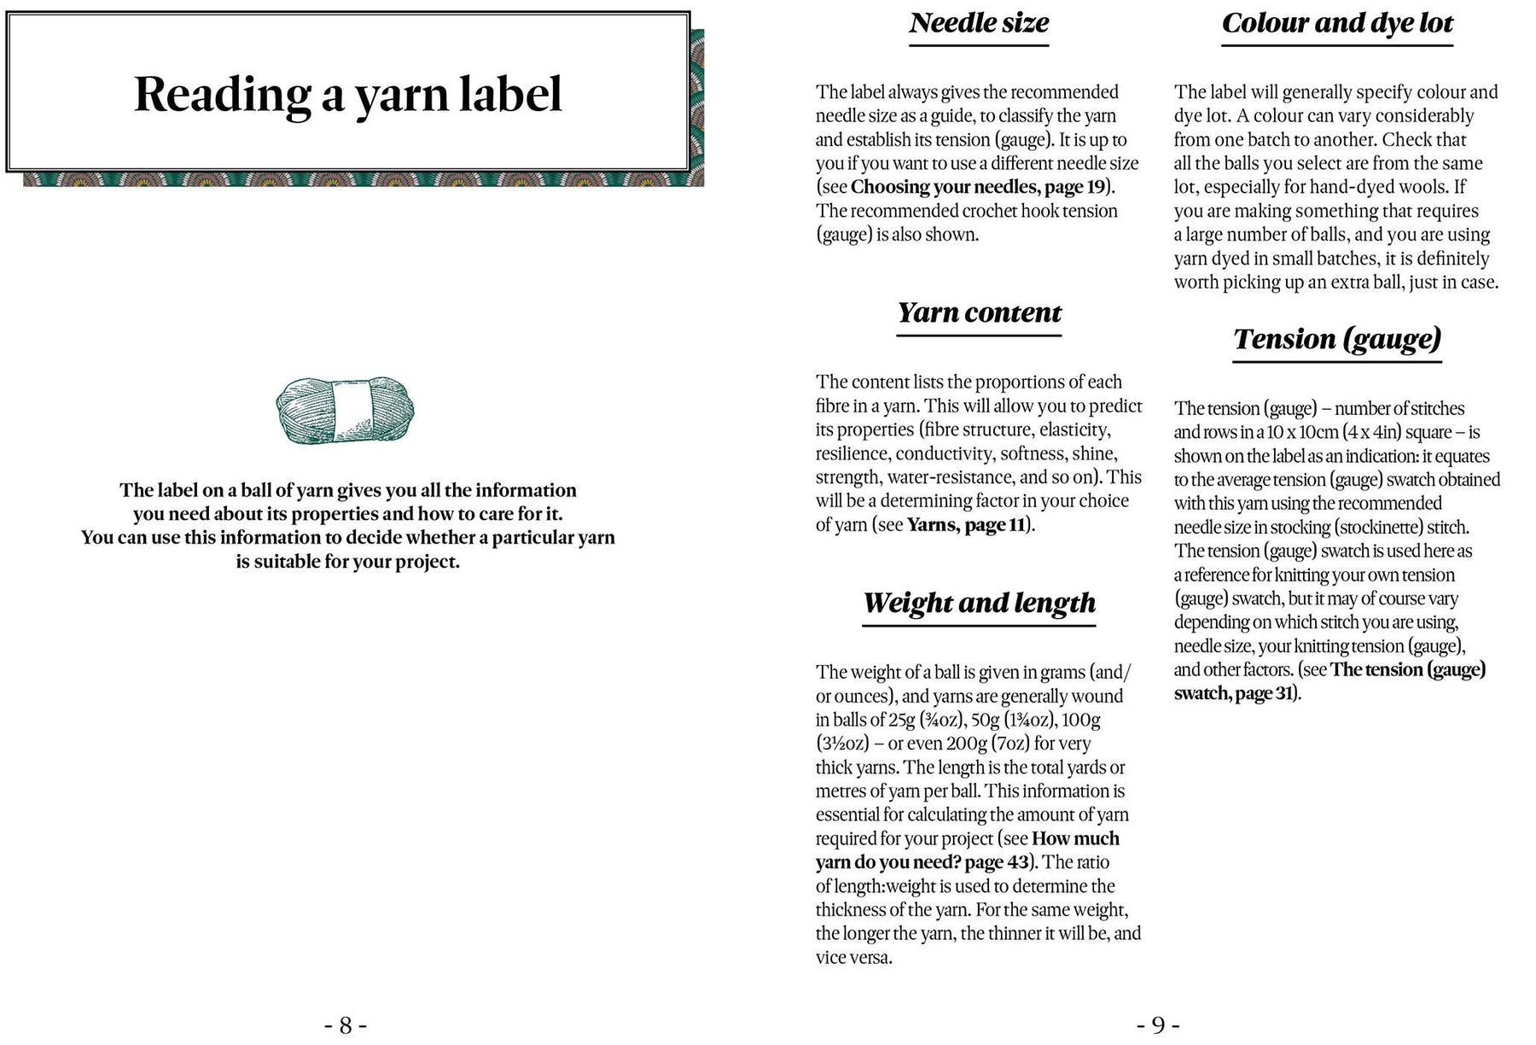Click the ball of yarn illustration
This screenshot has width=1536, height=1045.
pos(345,410)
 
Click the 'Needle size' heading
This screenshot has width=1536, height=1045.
pos(979,23)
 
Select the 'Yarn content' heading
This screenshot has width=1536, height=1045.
pos(979,312)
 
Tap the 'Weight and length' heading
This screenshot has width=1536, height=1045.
pos(979,603)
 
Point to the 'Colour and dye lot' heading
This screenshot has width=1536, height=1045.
pos(1337,23)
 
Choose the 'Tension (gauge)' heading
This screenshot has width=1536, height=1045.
pos(1337,339)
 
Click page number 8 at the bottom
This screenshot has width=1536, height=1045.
pos(346,1025)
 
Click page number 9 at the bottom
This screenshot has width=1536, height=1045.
pos(1158,1025)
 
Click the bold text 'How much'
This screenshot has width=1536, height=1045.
pos(1075,838)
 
